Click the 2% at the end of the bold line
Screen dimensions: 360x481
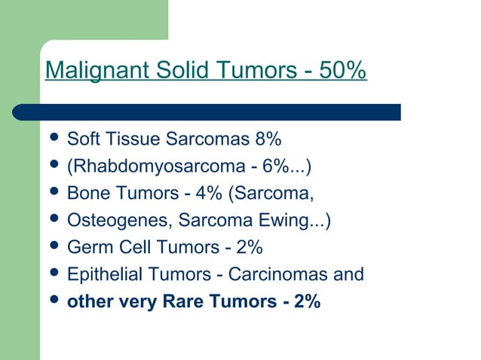tap(307, 302)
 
